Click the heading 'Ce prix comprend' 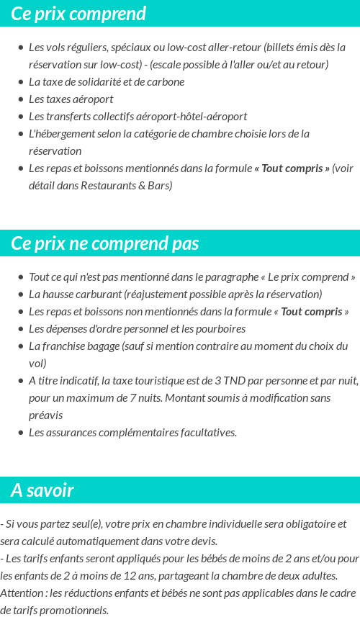point(78,14)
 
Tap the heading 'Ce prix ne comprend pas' point(104,243)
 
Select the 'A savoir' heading point(42,490)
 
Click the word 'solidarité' point(98,81)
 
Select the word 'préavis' point(45,415)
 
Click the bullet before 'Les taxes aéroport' point(21,99)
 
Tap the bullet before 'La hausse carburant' point(21,294)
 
